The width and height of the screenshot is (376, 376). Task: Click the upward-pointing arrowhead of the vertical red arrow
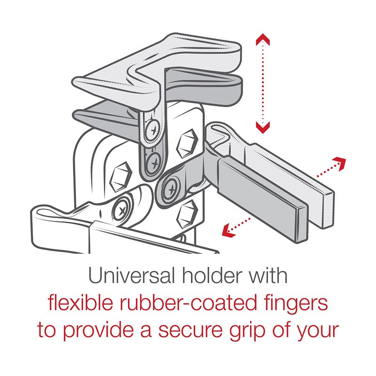[x=263, y=40]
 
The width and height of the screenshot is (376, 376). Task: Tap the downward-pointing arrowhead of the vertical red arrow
[x=263, y=125]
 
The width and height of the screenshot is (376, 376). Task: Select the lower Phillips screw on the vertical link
[x=153, y=163]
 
